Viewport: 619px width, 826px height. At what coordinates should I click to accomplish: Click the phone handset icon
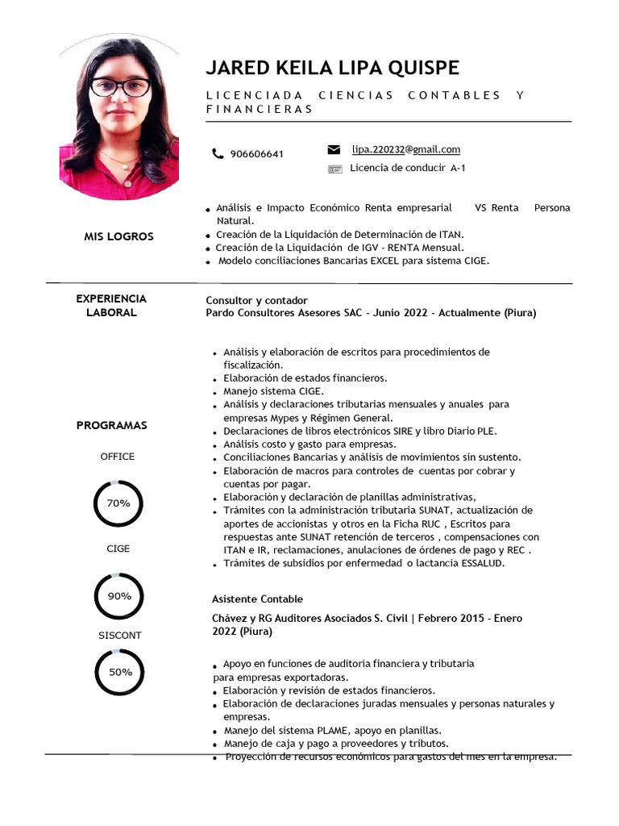click(218, 153)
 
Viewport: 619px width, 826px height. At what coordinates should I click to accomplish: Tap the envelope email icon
click(334, 149)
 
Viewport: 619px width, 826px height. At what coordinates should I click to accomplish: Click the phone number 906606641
click(256, 154)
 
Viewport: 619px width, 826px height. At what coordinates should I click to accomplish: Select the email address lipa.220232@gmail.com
click(405, 149)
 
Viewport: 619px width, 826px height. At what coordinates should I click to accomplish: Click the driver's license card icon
click(334, 169)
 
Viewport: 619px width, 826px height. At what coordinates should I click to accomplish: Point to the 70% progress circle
click(118, 503)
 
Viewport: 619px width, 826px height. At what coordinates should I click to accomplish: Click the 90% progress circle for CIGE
click(118, 596)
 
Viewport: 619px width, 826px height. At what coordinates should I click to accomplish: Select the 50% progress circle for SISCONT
click(119, 672)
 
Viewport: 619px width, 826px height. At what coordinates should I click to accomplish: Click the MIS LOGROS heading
click(118, 236)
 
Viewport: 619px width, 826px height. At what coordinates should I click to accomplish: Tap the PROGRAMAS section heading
click(111, 425)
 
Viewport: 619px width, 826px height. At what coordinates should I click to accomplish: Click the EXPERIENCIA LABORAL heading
click(111, 305)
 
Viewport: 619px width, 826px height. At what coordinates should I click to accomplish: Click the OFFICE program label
click(118, 457)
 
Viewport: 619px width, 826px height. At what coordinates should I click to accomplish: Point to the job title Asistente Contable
click(257, 599)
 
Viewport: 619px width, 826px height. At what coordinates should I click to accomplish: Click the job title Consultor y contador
click(256, 300)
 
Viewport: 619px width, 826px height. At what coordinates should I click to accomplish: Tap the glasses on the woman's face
click(120, 87)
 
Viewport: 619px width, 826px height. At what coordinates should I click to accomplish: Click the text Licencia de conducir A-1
click(407, 169)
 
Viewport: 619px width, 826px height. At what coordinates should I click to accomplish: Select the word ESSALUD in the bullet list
click(480, 564)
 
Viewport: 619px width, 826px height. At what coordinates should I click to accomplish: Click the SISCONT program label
click(119, 636)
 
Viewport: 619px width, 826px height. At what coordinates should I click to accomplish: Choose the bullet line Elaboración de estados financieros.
click(305, 378)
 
